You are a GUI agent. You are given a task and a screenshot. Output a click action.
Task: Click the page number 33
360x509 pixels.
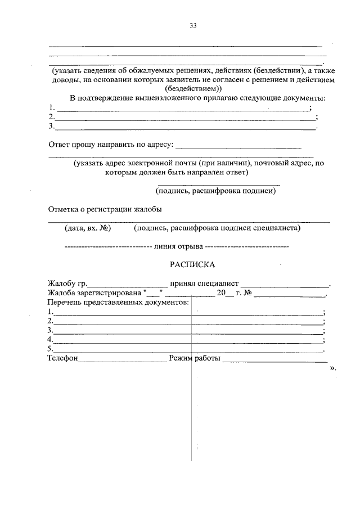tap(193, 26)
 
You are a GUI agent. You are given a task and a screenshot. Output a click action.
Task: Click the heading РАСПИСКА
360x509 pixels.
tap(192, 264)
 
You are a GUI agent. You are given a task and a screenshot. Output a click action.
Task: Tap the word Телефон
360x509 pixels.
tap(62, 358)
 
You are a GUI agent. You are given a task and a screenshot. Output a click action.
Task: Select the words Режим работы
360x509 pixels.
tap(195, 358)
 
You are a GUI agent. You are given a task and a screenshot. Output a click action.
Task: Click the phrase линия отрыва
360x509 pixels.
tap(178, 246)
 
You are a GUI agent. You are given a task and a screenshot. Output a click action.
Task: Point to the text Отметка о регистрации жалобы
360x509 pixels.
tap(105, 210)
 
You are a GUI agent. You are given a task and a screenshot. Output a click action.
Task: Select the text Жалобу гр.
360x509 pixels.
tap(67, 283)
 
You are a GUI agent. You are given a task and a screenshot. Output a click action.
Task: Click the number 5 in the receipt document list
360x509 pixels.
tap(51, 349)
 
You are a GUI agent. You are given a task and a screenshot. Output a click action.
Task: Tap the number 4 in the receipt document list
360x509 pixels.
tap(51, 340)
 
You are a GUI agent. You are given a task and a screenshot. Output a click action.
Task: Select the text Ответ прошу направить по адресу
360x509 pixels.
tap(110, 145)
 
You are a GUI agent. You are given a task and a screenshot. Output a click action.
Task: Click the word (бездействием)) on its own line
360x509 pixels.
tap(193, 89)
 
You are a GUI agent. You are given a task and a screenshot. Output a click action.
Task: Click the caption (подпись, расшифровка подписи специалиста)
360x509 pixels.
tap(217, 228)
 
